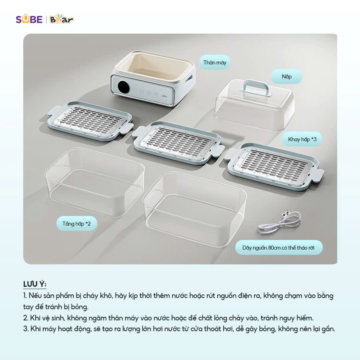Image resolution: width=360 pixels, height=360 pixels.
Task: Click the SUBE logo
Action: pyautogui.click(x=29, y=19)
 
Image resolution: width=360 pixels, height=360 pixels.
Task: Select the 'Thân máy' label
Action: pyautogui.click(x=215, y=62)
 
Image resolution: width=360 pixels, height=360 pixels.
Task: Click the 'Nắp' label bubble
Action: pyautogui.click(x=286, y=76)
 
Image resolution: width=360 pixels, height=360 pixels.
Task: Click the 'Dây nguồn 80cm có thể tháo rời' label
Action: pyautogui.click(x=278, y=248)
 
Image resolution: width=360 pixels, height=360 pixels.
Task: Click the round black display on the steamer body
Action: pyautogui.click(x=124, y=86)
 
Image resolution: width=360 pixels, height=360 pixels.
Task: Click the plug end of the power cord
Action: pyautogui.click(x=286, y=214)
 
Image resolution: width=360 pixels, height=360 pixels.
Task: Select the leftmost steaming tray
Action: pyautogui.click(x=90, y=120)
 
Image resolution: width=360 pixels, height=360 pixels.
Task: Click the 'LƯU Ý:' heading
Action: pyautogui.click(x=35, y=284)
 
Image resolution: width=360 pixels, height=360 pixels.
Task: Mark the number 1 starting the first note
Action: pyautogui.click(x=25, y=296)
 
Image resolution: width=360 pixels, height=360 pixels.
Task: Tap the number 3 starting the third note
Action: pyautogui.click(x=25, y=329)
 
